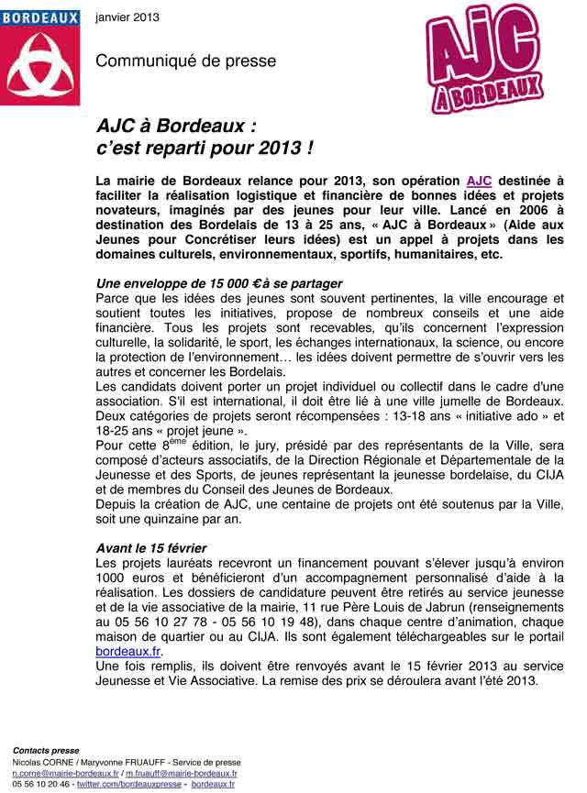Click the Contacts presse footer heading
(x=45, y=751)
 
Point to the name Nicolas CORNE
(x=43, y=762)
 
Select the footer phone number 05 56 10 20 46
(x=40, y=784)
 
